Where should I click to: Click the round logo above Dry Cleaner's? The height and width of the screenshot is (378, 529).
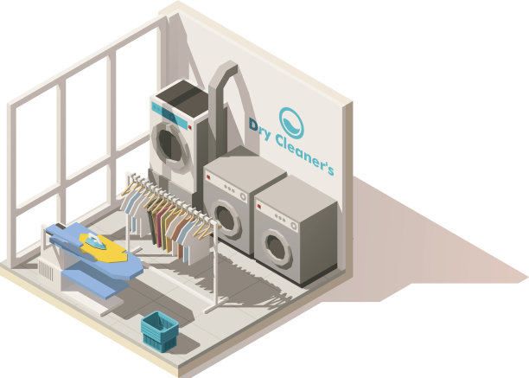[x=291, y=122]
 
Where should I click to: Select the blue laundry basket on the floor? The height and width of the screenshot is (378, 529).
[x=160, y=330]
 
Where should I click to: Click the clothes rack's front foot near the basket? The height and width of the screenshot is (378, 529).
[x=211, y=306]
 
